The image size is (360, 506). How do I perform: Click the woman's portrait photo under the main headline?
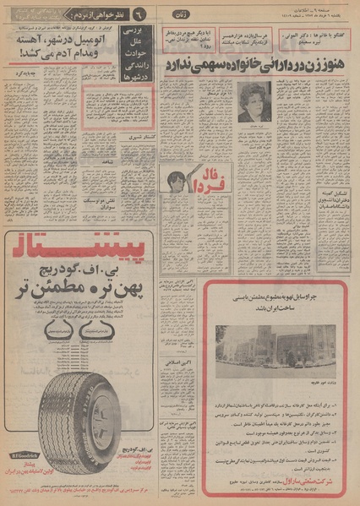[254, 102]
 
